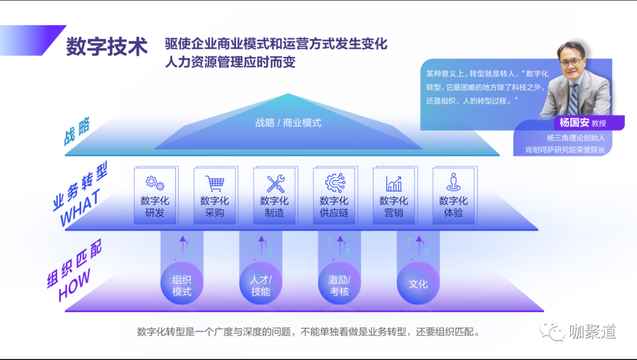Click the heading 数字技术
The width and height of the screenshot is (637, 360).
(106, 47)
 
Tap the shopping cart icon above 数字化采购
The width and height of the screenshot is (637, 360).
(215, 183)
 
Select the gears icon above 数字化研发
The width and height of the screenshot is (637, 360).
(155, 183)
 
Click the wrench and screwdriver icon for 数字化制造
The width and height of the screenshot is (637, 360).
(275, 184)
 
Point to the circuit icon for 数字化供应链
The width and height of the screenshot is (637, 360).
(334, 183)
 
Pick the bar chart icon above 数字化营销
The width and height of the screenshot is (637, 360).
(394, 184)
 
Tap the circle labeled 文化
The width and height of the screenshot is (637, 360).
(418, 284)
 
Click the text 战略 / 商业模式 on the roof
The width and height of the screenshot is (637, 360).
(288, 123)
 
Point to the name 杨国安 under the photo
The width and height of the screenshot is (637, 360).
(570, 123)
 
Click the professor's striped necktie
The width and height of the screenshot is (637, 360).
(574, 97)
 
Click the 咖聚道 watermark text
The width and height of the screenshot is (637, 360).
(593, 332)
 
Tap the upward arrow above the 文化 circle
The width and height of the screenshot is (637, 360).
(419, 243)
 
